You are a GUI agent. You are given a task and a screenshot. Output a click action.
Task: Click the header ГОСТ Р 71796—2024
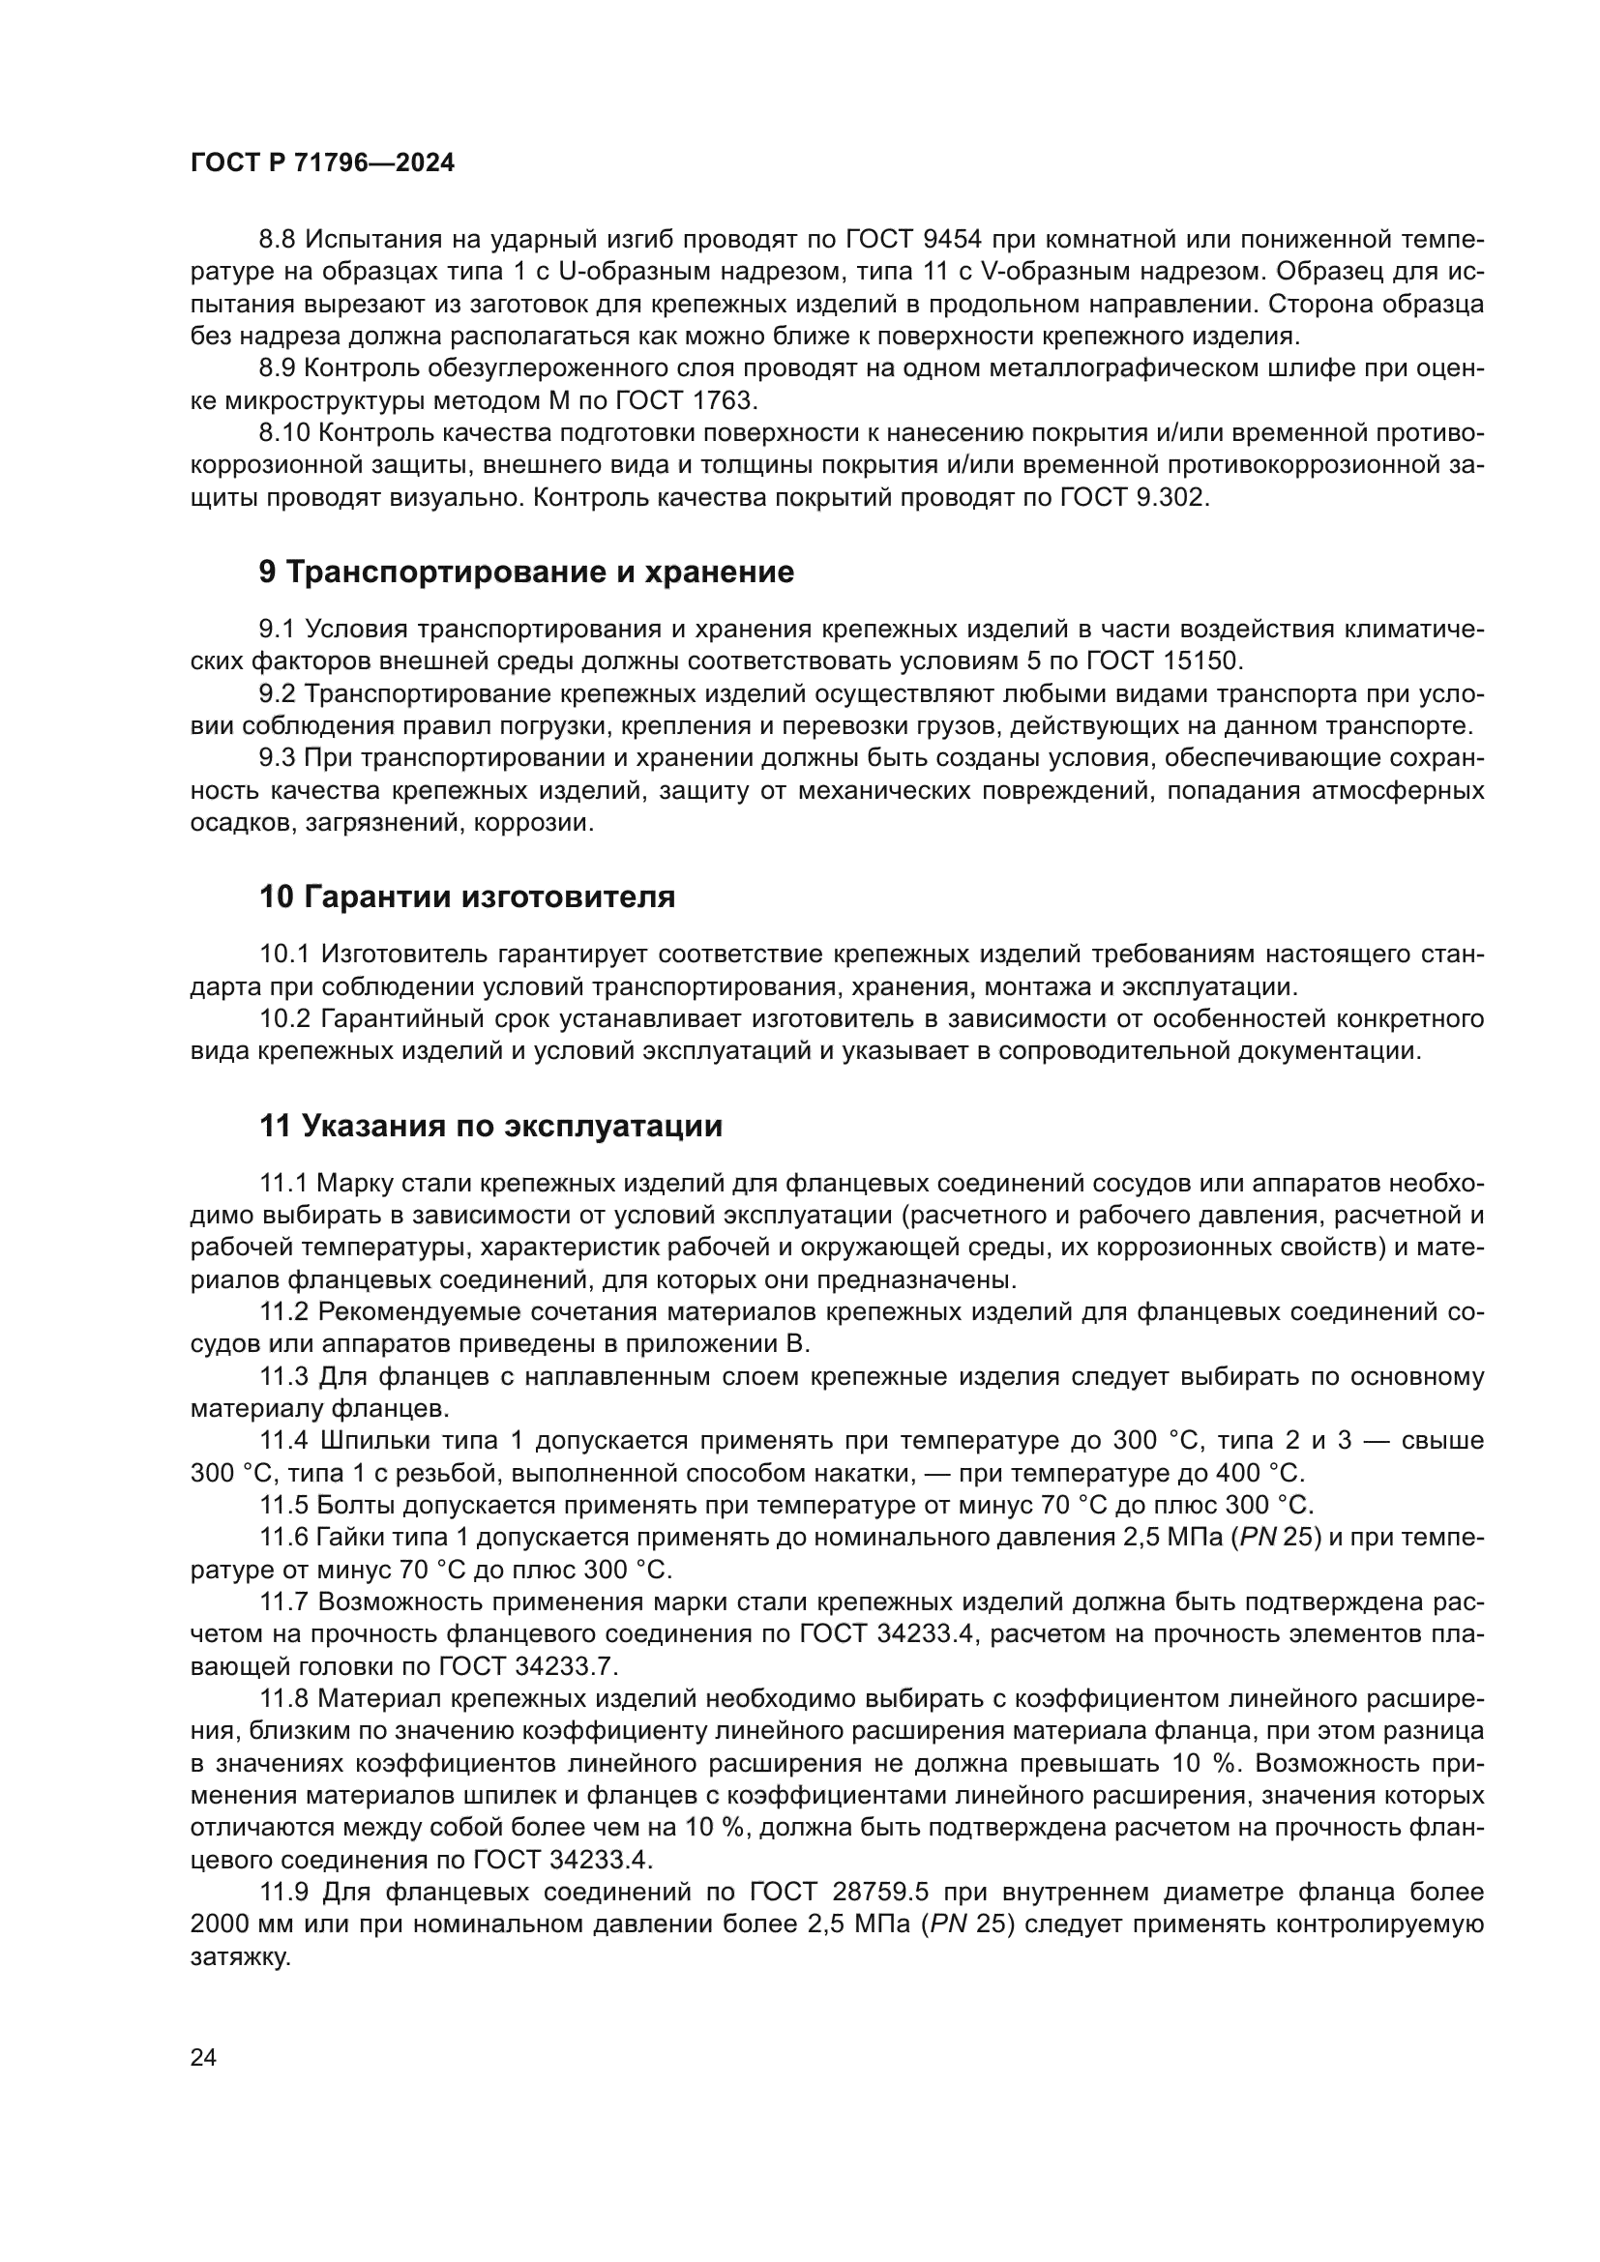point(322,163)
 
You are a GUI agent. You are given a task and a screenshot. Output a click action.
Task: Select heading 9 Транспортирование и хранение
point(526,573)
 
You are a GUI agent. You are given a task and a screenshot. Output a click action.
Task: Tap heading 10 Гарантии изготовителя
point(467,897)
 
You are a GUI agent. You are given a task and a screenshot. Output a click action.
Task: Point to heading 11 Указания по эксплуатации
point(490,1126)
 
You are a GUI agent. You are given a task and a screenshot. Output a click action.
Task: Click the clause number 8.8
point(278,240)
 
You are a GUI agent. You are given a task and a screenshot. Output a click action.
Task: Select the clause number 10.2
point(285,1018)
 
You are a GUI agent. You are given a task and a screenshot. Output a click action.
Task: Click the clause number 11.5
point(285,1506)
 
